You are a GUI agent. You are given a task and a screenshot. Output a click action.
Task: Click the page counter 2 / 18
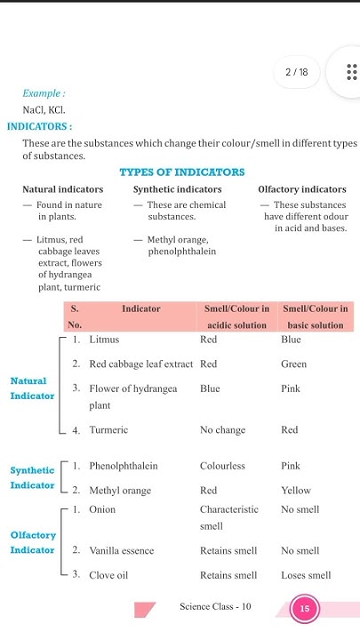coord(297,72)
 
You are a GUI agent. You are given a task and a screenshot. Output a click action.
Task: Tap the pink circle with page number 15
coord(305,609)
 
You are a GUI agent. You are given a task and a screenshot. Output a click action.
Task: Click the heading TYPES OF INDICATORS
coord(181,172)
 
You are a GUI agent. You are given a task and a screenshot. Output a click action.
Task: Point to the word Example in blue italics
coord(44,93)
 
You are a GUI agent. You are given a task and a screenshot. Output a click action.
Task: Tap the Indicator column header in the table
coord(141,308)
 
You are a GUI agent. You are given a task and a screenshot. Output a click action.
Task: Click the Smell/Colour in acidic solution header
coord(236,316)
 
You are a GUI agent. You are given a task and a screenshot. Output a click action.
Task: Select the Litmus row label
coord(104,340)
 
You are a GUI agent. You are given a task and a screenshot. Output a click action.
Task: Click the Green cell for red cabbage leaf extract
coord(293,364)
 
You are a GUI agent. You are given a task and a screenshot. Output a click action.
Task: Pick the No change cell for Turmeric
coord(222,430)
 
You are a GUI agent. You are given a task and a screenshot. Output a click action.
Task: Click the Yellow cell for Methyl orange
coord(296,490)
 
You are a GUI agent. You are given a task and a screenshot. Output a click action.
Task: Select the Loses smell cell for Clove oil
coord(306,575)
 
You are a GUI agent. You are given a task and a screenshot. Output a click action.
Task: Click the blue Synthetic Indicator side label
coord(32,477)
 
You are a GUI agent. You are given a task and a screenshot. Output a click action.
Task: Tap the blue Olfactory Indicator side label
coord(32,543)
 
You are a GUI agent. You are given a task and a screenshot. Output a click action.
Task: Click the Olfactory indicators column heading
coord(302,189)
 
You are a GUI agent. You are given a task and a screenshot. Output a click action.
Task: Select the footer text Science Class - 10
coord(215,607)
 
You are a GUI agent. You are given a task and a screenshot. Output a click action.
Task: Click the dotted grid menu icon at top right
coord(350,72)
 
